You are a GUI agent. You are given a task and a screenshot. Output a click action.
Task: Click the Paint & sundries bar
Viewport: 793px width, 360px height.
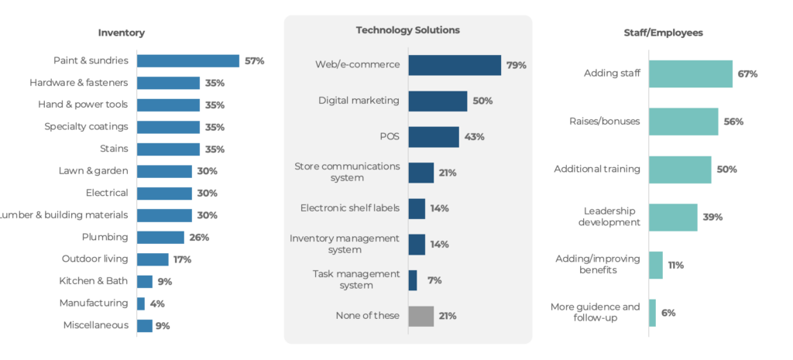coord(187,60)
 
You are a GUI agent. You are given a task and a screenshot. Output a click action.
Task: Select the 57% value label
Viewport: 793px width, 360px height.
coord(255,60)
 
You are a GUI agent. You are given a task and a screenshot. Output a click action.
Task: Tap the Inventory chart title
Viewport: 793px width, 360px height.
coord(121,33)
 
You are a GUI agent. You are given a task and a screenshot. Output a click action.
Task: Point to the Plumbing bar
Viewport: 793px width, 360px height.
coord(160,237)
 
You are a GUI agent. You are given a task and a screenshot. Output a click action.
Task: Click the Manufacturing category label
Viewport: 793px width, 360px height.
coord(93,303)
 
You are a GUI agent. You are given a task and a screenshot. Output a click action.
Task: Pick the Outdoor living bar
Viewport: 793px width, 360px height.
coord(153,259)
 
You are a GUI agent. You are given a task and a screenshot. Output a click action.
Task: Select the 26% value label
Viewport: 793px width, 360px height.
coord(200,237)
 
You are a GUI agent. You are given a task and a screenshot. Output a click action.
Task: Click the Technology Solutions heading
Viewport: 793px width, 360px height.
coord(407,30)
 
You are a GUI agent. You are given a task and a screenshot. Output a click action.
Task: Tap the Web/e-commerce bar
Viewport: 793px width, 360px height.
coord(455,65)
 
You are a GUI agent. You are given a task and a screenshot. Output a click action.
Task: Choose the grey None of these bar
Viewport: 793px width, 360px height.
coord(421,316)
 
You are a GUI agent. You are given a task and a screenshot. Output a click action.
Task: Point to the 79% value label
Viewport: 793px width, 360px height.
coord(517,65)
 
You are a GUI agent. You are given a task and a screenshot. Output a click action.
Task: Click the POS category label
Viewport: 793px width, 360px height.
coord(389,136)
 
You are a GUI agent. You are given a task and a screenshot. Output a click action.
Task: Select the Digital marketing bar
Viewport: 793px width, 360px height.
coord(438,101)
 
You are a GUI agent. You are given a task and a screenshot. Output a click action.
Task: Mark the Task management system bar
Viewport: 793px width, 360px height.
coord(413,280)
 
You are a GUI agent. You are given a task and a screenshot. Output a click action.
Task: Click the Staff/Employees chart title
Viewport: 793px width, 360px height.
coord(663,33)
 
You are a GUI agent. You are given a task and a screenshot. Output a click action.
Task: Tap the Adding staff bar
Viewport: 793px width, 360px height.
coord(690,74)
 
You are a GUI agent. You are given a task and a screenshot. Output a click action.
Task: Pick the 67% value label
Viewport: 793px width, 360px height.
coord(747,74)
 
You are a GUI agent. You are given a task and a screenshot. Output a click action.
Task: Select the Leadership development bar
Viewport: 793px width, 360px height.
coord(673,217)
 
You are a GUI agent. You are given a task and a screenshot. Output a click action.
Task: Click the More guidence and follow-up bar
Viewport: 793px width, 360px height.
coord(652,313)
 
